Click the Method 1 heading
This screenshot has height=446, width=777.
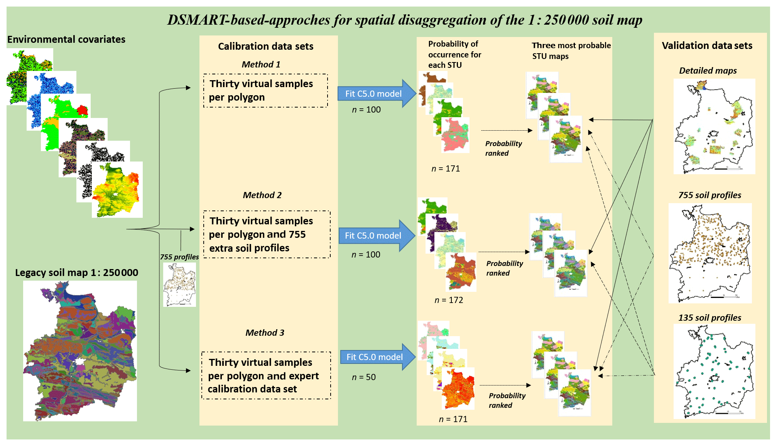pos(261,64)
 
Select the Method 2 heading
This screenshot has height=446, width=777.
pos(262,195)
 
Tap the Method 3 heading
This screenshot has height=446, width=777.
pos(265,333)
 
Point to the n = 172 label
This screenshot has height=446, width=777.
pos(449,300)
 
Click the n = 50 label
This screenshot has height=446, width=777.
pos(363,377)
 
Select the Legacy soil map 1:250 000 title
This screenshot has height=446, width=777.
pos(76,273)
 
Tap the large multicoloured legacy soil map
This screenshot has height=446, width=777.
pos(80,351)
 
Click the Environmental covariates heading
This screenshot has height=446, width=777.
pos(66,39)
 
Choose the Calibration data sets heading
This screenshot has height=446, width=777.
pos(265,46)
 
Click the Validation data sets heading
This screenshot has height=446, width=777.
pos(707,45)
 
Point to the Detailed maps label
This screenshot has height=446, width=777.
pos(708,71)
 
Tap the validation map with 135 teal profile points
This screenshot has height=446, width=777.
pos(714,371)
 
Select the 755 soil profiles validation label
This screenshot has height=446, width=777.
pos(709,195)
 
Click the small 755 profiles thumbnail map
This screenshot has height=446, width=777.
pos(179,284)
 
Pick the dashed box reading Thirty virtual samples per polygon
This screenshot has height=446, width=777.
pos(265,91)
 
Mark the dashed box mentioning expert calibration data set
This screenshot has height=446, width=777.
pos(266,375)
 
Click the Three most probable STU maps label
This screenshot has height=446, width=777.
pos(571,50)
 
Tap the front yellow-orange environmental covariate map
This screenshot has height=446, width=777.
pos(117,190)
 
